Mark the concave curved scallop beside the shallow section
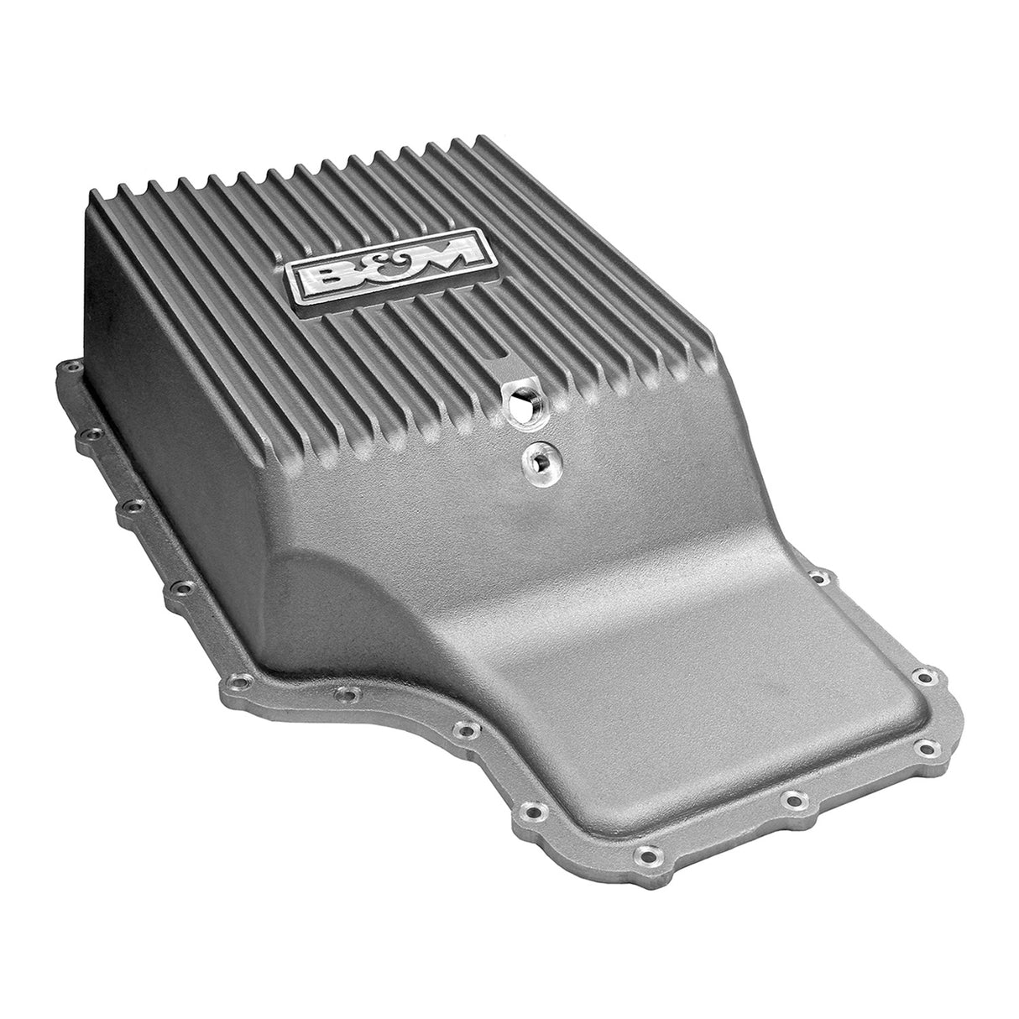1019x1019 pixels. (x=395, y=604)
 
